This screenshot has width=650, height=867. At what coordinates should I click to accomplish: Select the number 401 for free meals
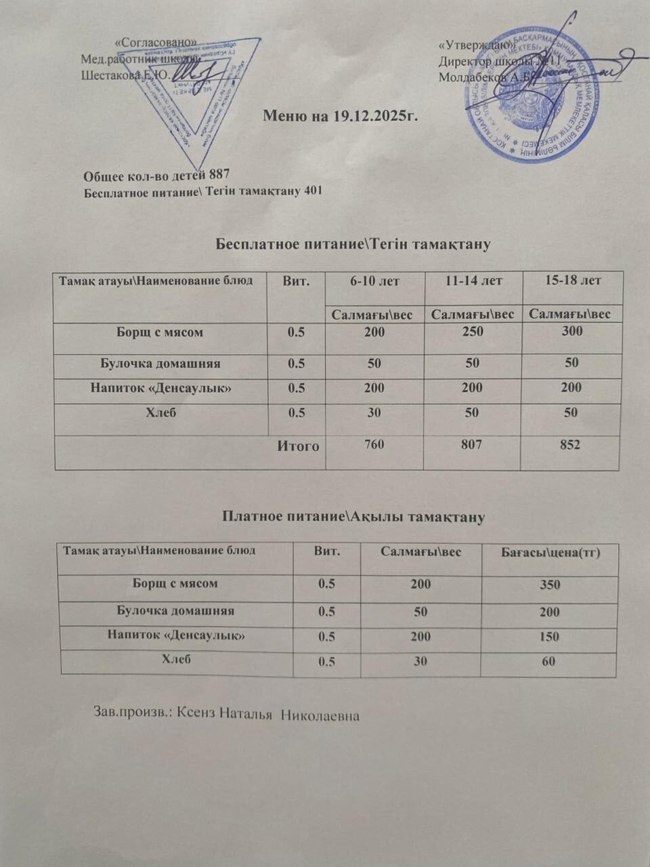313,191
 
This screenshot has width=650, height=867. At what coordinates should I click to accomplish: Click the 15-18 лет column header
573,280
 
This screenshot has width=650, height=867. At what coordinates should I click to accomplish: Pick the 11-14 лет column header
474,280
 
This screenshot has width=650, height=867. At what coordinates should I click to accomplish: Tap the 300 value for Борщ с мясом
572,331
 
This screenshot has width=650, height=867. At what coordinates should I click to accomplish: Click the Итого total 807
473,445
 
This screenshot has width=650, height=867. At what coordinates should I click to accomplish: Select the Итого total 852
570,445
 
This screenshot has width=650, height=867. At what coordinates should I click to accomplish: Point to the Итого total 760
374,445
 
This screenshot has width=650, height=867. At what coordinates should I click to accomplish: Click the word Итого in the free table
298,446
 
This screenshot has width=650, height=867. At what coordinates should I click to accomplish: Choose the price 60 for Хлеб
548,660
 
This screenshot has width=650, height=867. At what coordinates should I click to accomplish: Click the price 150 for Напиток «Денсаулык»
549,637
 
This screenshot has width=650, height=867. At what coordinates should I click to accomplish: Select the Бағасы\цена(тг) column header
550,553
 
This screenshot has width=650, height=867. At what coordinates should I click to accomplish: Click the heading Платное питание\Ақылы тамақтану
354,517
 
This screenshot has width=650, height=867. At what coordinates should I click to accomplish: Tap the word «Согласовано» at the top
157,42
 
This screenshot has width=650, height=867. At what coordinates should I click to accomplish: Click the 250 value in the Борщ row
473,332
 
